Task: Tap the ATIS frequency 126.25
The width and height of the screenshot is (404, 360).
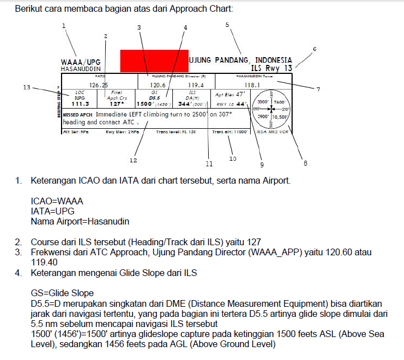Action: click(98, 85)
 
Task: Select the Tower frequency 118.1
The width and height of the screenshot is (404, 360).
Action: click(253, 85)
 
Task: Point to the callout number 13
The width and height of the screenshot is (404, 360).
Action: click(26, 87)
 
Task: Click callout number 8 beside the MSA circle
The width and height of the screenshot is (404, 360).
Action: click(306, 163)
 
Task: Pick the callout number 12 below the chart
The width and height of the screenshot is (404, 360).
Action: click(133, 160)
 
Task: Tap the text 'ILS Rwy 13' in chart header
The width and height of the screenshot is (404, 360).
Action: click(272, 68)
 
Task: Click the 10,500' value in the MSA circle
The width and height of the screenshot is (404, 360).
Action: click(280, 117)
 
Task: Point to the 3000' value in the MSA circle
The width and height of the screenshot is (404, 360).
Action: click(264, 102)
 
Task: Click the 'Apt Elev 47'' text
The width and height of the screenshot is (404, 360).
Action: click(230, 95)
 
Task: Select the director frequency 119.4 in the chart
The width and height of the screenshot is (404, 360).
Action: click(195, 85)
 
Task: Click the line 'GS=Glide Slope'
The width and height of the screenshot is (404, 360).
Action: click(62, 292)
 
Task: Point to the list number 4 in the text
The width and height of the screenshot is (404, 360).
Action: click(18, 273)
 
